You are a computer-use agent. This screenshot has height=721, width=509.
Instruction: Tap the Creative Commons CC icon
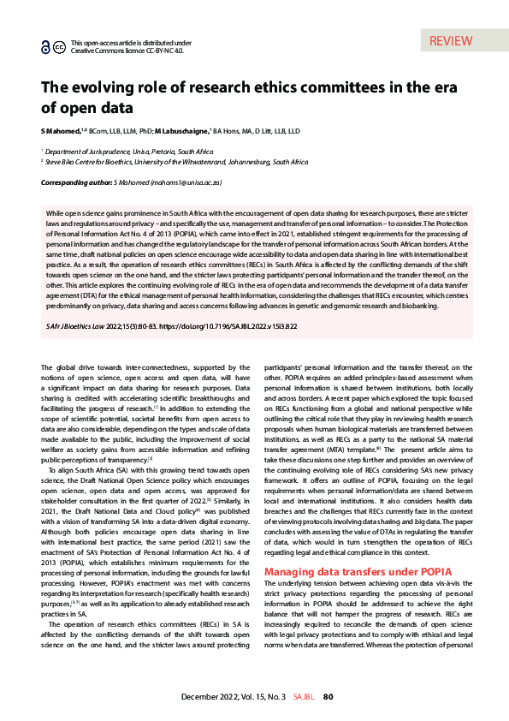59,48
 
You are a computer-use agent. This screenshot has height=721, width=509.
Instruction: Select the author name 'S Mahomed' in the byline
62,131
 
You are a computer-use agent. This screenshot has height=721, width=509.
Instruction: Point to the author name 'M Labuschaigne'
182,131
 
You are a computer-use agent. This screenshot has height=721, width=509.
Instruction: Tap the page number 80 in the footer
328,697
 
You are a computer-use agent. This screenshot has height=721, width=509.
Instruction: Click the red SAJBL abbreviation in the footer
305,697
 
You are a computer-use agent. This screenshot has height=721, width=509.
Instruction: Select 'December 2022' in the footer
206,697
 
